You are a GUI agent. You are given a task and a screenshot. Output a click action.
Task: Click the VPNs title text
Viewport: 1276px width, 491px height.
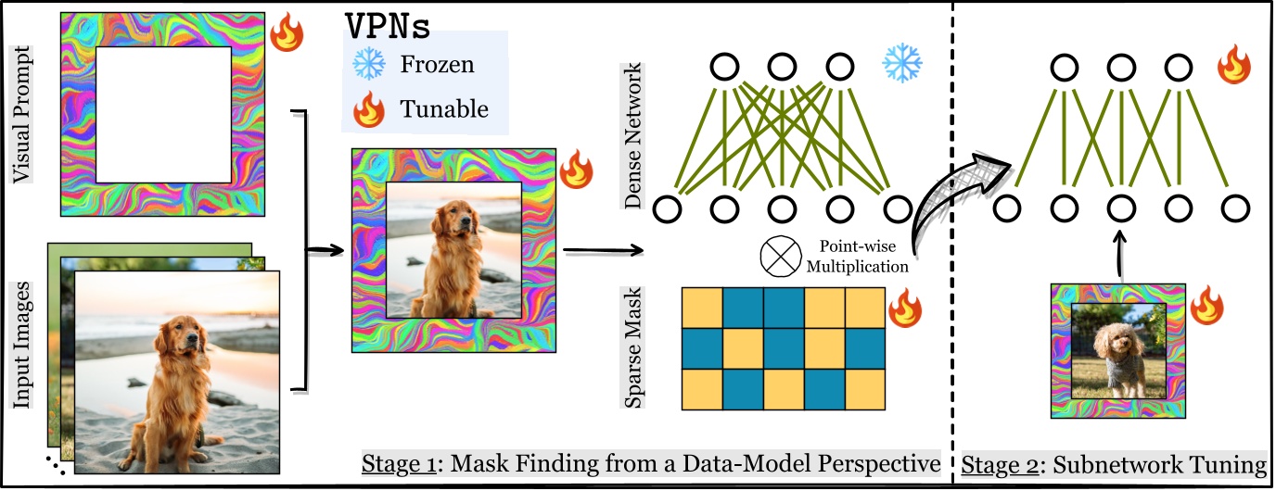point(388,27)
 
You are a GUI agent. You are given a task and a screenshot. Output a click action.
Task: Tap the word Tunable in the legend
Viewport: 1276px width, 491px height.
point(443,109)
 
